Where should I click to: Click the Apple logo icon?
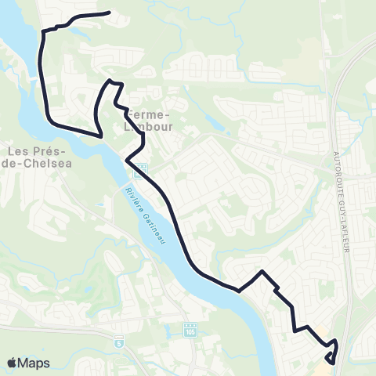tap(13, 363)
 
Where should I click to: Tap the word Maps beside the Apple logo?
tap(34, 363)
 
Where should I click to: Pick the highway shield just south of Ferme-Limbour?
tap(143, 168)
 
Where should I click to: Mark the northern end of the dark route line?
tap(108, 13)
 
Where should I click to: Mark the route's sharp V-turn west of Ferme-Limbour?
tap(101, 136)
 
